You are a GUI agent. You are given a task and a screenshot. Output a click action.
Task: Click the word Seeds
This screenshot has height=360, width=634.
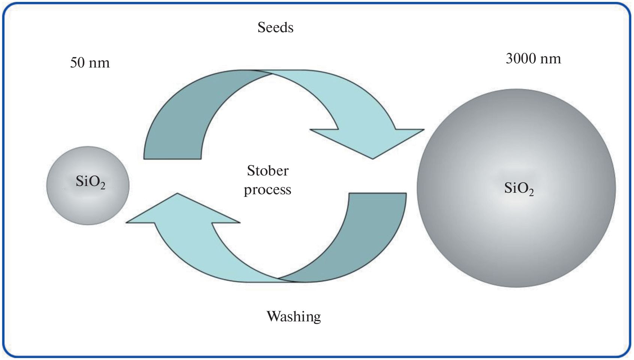click(275, 27)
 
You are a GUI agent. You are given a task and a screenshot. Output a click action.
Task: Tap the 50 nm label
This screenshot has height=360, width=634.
click(90, 63)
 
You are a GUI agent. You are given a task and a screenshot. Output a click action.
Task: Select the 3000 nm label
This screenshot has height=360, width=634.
click(533, 58)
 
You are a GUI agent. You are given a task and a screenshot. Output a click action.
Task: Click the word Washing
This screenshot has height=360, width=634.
click(294, 316)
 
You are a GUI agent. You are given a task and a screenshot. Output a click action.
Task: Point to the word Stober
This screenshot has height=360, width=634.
click(268, 171)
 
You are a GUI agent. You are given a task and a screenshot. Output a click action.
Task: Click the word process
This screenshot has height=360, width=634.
click(267, 190)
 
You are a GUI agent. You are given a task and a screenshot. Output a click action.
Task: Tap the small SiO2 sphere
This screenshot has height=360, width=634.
click(88, 202)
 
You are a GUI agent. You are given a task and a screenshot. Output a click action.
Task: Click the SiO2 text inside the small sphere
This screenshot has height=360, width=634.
click(90, 182)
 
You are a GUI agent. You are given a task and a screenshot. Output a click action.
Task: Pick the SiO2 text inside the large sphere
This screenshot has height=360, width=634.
click(519, 188)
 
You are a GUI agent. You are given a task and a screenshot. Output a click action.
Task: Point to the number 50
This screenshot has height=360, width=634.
click(77, 63)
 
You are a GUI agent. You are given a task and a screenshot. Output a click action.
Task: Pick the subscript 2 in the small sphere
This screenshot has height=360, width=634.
click(103, 186)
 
